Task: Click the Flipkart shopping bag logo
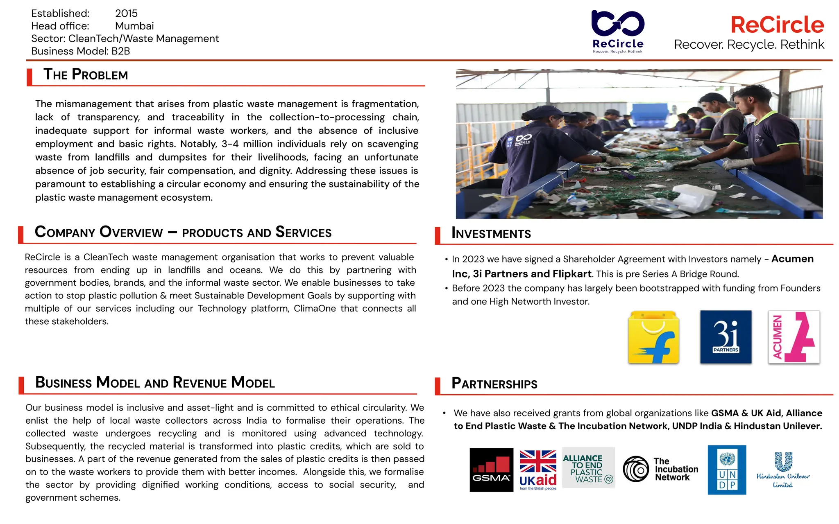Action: tap(653, 337)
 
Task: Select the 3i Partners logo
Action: tap(726, 337)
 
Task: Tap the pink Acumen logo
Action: tap(794, 337)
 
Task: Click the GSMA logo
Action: tap(491, 470)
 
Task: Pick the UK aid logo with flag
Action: tap(538, 470)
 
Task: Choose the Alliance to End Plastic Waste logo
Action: tap(588, 468)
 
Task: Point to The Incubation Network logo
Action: tap(660, 469)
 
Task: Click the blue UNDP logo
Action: tap(727, 470)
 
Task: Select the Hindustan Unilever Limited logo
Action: tap(783, 470)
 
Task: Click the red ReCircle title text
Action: tap(777, 25)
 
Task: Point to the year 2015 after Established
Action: tap(126, 14)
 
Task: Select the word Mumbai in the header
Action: tap(134, 26)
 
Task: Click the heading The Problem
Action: tap(86, 75)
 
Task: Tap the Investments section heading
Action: tap(491, 233)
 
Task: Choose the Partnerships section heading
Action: tap(494, 384)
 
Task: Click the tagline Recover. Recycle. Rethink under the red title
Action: tap(749, 44)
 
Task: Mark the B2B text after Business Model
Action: tap(120, 51)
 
